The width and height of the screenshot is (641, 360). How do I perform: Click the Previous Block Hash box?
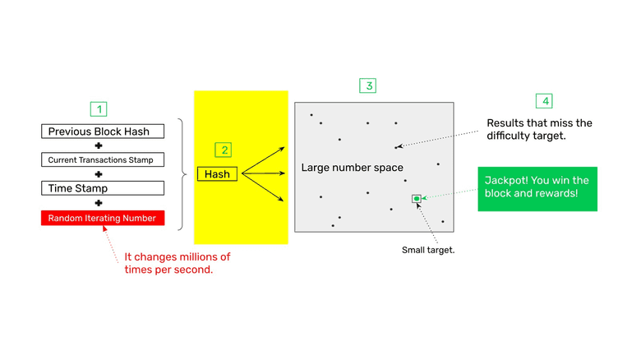(102, 132)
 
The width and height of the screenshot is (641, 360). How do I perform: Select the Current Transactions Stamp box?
(102, 159)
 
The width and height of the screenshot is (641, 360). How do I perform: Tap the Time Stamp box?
(102, 188)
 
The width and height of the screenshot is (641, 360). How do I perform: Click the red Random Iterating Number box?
(102, 218)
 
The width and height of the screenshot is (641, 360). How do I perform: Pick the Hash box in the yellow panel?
(217, 174)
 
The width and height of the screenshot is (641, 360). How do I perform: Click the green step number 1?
(99, 108)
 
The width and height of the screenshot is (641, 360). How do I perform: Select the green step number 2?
(223, 150)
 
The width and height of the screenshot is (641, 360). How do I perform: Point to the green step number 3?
(369, 85)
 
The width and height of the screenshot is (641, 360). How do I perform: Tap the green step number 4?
(544, 101)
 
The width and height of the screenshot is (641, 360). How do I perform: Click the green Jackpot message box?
(537, 188)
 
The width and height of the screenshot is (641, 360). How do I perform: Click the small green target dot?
(417, 199)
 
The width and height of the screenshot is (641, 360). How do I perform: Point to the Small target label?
(428, 250)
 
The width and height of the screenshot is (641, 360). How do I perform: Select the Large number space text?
(352, 168)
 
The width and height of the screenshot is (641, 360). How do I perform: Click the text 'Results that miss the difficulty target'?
(539, 129)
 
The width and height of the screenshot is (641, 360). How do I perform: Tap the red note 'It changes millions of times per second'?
(177, 263)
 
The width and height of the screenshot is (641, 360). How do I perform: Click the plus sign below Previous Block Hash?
(99, 145)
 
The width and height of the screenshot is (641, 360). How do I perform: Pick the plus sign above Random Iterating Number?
(99, 203)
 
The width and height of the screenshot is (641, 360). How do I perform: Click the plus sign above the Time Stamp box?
(99, 174)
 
